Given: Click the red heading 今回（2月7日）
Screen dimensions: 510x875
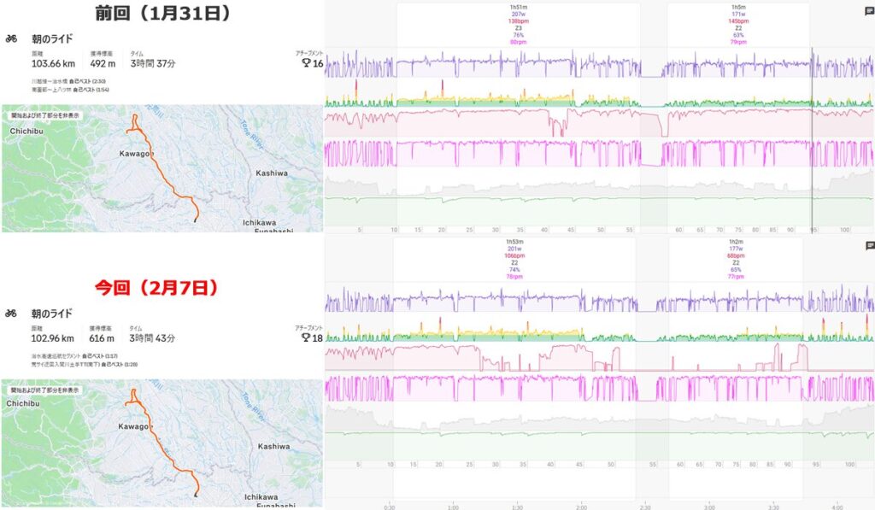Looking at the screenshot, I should coord(163,287).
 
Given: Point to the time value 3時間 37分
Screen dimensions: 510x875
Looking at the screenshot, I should coord(153,63).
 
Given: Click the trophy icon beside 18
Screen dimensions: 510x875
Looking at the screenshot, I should coord(306,338).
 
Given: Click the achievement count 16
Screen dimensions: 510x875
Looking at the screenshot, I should coord(319,63).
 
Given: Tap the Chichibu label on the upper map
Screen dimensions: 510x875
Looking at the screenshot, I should coord(26,130).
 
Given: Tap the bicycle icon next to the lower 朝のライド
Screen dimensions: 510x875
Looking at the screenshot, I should coord(11,314).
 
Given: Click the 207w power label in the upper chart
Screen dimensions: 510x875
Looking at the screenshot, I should coord(519,15).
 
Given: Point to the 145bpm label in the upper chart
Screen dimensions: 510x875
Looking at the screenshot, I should coord(734,21).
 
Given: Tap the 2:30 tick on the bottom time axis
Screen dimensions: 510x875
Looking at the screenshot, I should coord(643,504).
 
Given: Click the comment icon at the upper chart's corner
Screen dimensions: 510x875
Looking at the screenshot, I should coord(869,12).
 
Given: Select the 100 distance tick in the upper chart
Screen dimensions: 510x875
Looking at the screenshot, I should coord(845,230).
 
